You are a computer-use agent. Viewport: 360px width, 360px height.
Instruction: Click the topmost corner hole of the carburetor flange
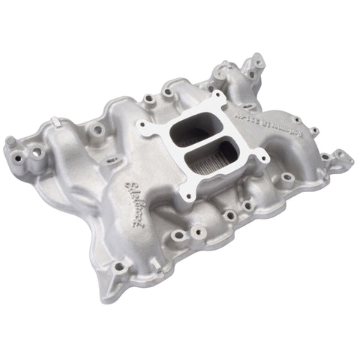[217, 97]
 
